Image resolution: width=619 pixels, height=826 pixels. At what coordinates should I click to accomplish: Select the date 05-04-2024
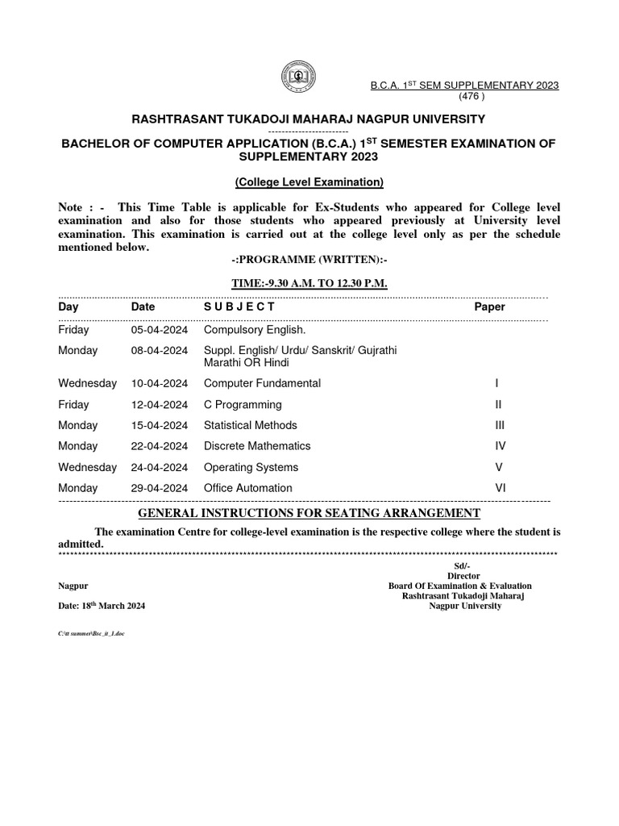click(160, 330)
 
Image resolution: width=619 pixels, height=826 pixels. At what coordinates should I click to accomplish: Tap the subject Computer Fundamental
click(262, 383)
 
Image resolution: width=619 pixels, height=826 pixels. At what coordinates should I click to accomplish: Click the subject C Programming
click(243, 404)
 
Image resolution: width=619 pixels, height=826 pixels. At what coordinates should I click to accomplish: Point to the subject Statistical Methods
click(250, 425)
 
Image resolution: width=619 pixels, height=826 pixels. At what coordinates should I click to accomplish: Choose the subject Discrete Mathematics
click(257, 446)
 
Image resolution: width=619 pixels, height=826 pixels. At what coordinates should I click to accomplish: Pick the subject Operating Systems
click(251, 467)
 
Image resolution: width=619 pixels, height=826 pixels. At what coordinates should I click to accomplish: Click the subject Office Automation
click(248, 488)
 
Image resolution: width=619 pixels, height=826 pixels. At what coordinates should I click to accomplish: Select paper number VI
click(500, 488)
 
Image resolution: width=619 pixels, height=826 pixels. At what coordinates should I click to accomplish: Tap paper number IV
click(500, 446)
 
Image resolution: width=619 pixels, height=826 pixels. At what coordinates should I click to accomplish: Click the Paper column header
click(489, 307)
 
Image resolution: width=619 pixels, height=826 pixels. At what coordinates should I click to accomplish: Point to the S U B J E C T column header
click(239, 307)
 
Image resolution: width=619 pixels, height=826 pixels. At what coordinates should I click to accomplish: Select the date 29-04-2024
click(160, 488)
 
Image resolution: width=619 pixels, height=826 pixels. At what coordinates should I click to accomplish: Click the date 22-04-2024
click(160, 446)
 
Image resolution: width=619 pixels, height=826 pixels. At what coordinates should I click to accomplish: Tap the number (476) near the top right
click(472, 96)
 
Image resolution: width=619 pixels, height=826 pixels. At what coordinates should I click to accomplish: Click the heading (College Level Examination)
click(309, 182)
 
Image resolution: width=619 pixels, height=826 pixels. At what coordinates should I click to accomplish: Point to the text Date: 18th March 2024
click(102, 606)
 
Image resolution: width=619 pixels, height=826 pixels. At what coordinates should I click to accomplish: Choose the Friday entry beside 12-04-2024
click(74, 404)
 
